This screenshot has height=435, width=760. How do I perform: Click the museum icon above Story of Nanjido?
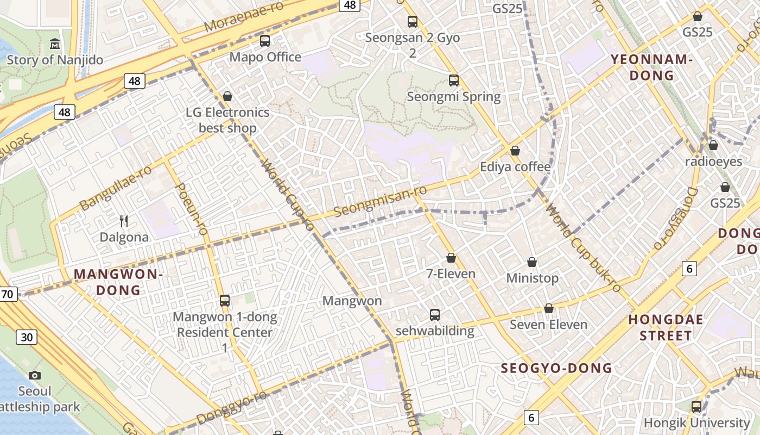point(55,43)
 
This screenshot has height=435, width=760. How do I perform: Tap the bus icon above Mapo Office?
point(265,41)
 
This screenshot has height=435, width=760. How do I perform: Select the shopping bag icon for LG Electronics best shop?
point(227,96)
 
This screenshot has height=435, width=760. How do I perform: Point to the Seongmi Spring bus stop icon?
point(454,80)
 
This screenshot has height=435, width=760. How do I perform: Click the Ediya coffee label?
point(515,166)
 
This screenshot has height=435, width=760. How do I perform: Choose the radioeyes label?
point(713,161)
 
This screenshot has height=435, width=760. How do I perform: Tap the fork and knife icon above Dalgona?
point(124,221)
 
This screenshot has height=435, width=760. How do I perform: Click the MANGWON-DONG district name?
point(118,282)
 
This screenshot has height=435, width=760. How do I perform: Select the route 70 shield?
point(8,294)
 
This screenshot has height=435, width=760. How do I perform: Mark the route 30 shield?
point(27,337)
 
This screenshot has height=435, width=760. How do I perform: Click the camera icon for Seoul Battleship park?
point(35,375)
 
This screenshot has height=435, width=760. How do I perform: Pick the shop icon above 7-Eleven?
point(451,258)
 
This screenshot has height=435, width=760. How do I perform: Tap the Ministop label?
point(532,278)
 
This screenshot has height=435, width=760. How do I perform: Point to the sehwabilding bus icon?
point(434,314)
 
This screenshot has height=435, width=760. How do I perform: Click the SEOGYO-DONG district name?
point(556,368)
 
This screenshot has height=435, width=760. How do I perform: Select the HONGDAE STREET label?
point(666,327)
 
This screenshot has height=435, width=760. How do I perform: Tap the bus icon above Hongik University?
point(696,406)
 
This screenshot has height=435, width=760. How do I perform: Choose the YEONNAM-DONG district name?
point(651,67)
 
